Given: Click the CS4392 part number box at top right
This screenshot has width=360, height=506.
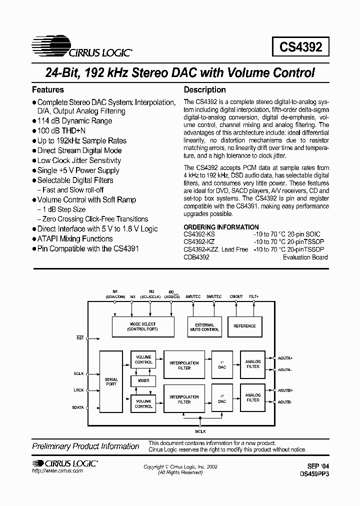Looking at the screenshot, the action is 301,47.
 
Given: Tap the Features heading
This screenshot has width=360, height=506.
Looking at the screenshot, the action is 48,90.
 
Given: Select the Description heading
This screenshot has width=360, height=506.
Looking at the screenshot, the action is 204,90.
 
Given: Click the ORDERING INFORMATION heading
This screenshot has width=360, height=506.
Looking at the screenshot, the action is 221,227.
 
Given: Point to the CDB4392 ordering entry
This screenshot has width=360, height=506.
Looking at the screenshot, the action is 196,257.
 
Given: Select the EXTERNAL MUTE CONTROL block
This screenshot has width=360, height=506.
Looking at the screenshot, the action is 204,327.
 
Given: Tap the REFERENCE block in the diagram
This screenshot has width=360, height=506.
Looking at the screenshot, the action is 244,326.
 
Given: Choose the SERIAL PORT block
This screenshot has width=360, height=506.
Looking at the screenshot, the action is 111,382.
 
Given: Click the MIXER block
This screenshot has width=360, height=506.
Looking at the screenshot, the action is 143,381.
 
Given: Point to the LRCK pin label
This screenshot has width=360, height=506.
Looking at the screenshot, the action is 78,390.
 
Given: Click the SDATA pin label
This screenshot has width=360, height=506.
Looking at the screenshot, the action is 78,407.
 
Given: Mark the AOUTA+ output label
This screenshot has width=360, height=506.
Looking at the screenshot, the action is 285,358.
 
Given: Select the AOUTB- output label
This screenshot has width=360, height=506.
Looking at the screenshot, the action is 285,402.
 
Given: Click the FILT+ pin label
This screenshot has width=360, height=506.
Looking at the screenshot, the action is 253,296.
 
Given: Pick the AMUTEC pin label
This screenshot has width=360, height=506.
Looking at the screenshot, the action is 193,296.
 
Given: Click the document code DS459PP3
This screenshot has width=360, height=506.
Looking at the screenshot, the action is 314,473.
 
